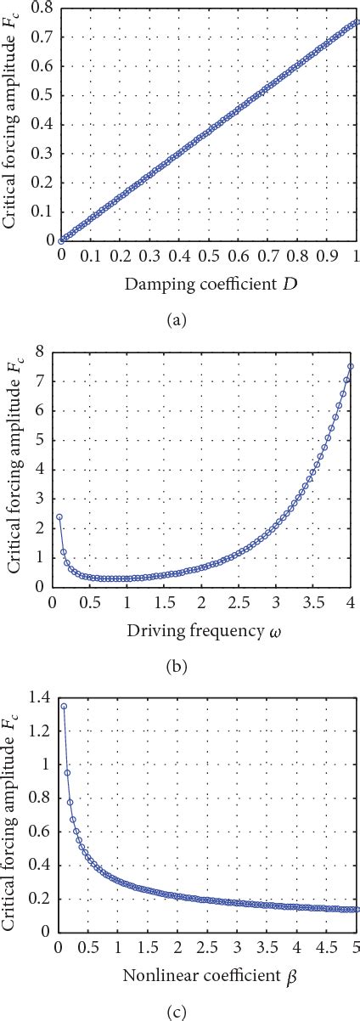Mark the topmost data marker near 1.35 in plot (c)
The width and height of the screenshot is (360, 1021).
(x=64, y=706)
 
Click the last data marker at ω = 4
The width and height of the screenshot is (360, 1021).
(x=351, y=366)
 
